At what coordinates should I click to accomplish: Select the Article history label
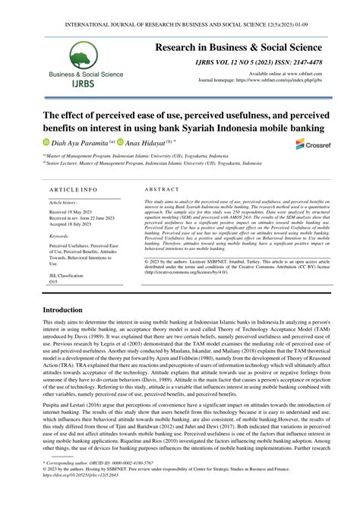(63, 204)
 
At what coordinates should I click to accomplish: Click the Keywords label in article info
(59, 237)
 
